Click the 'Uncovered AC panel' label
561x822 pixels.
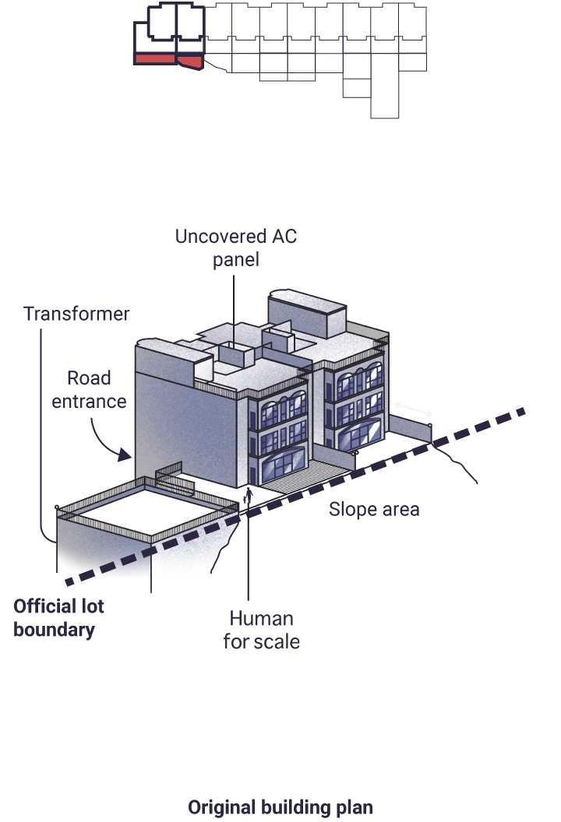click(235, 248)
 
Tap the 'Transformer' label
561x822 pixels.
click(76, 314)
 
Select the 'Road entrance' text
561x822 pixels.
click(89, 389)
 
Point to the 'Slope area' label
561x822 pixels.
click(374, 509)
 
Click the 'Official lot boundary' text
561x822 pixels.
click(58, 617)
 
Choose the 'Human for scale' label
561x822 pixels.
click(261, 630)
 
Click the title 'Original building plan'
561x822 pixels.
click(280, 807)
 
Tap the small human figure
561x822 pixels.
click(249, 495)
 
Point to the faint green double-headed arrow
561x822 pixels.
click(414, 409)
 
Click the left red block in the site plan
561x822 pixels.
click(155, 58)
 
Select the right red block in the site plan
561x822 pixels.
click(190, 61)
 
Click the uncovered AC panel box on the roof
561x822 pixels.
click(237, 354)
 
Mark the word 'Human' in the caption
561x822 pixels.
click(261, 619)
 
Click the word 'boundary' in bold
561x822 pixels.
click(54, 630)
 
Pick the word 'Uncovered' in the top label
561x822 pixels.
click(220, 237)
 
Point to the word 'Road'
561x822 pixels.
click(89, 378)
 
